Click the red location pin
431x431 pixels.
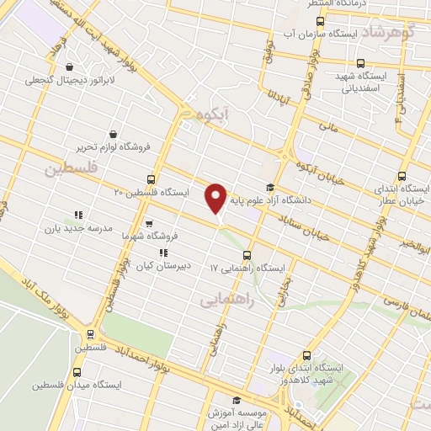(x=216, y=197)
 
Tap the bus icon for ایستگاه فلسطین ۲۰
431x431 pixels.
(x=151, y=178)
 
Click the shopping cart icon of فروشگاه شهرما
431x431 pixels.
(x=149, y=224)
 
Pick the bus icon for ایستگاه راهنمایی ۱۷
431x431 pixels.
(x=246, y=254)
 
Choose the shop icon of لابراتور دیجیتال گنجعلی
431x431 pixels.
(x=68, y=67)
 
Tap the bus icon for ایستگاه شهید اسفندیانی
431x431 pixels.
(x=361, y=63)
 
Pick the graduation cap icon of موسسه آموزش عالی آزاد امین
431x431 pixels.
(x=237, y=400)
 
